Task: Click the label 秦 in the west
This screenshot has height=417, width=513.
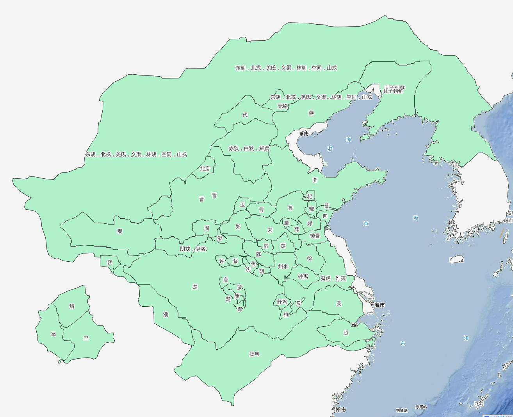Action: click(120, 231)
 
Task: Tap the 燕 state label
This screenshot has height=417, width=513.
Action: click(311, 113)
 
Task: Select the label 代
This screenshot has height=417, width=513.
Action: click(245, 115)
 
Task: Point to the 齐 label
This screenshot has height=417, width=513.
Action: click(315, 180)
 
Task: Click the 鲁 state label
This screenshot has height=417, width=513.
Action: click(290, 208)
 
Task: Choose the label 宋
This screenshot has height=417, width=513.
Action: click(270, 230)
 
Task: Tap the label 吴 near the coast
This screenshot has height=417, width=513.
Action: click(339, 303)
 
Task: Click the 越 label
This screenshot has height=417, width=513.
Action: click(346, 333)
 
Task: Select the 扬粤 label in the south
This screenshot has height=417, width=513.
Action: click(254, 354)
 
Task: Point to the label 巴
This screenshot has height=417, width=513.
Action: click(86, 338)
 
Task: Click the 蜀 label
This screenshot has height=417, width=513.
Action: click(53, 334)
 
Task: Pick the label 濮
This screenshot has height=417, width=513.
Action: click(166, 314)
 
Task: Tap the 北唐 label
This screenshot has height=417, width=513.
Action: click(205, 169)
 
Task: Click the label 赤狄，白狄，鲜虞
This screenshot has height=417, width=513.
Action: click(249, 148)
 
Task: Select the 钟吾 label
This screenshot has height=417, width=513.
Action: click(315, 236)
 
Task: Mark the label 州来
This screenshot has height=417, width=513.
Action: click(283, 266)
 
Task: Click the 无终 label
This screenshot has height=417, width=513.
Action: click(283, 106)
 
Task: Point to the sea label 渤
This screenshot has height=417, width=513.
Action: click(330, 149)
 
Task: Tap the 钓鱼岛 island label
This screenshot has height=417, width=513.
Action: click(402, 410)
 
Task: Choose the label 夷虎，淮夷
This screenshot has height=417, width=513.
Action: click(333, 278)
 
